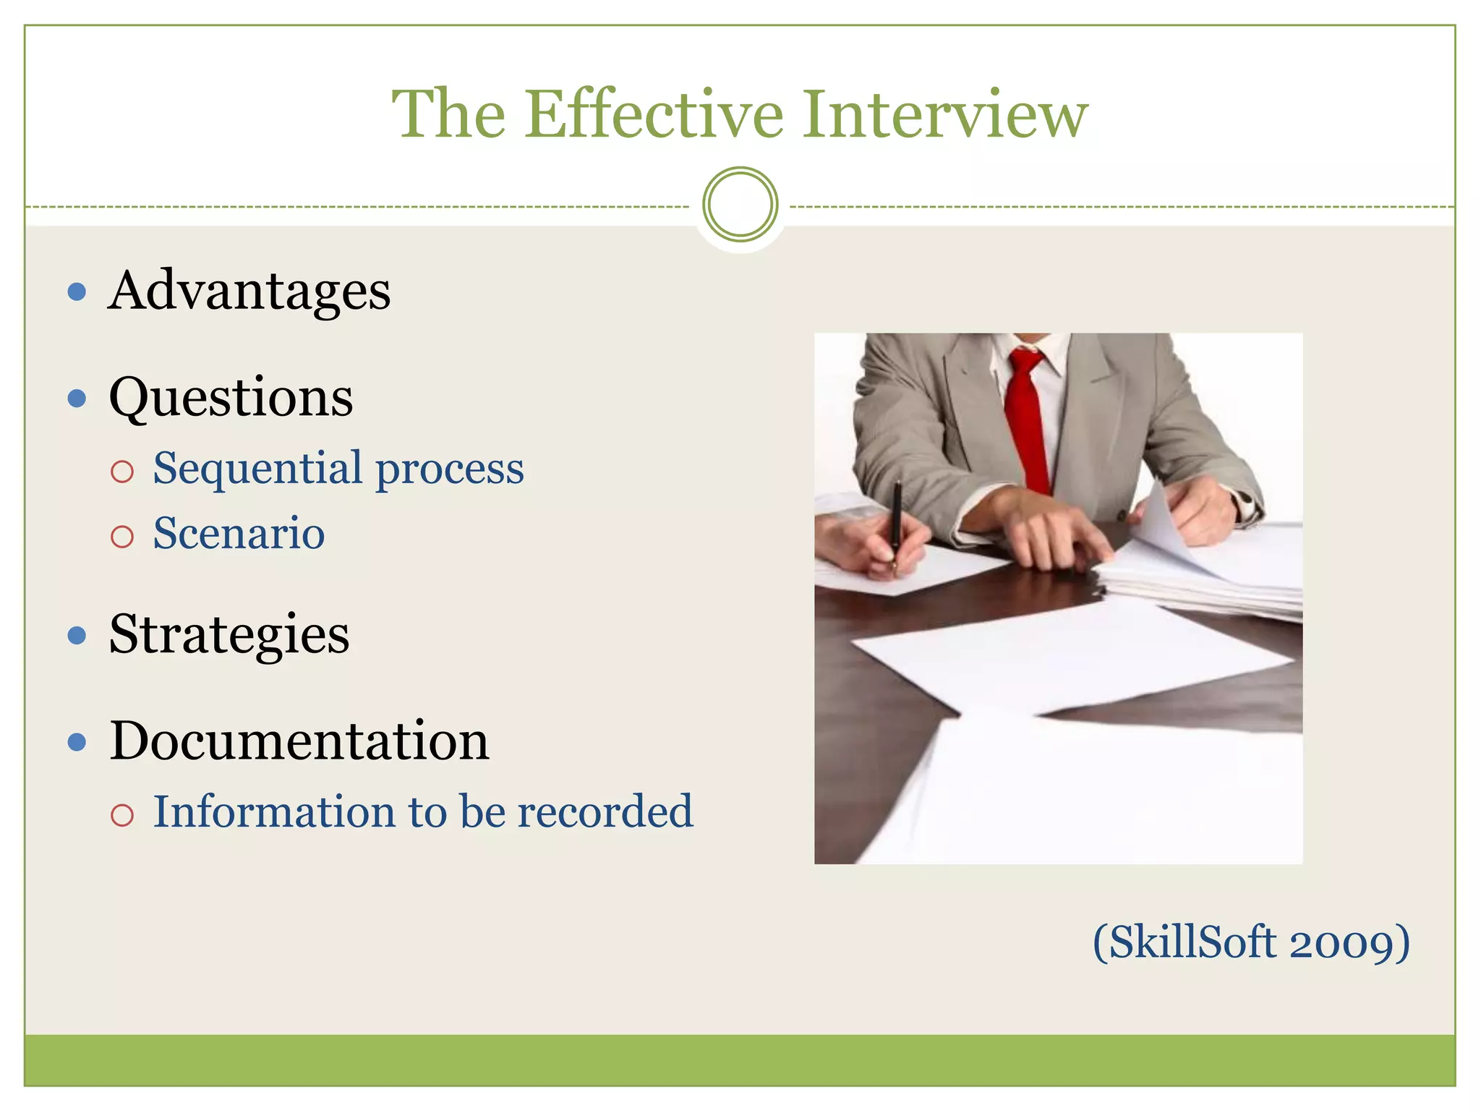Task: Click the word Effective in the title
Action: pyautogui.click(x=654, y=114)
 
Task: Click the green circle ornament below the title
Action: pyautogui.click(x=740, y=205)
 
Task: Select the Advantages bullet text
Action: pyautogui.click(x=249, y=291)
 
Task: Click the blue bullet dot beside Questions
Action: pyautogui.click(x=77, y=399)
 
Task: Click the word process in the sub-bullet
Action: pyautogui.click(x=450, y=469)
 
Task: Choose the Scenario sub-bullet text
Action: pyautogui.click(x=239, y=533)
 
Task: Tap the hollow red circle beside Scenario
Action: pyautogui.click(x=122, y=536)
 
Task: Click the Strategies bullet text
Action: pyautogui.click(x=229, y=634)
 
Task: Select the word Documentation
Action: pyautogui.click(x=299, y=741)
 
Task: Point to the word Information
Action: pyautogui.click(x=275, y=811)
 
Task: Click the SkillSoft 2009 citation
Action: pyautogui.click(x=1251, y=942)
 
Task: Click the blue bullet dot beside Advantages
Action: pyautogui.click(x=77, y=292)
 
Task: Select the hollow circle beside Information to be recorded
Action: pyautogui.click(x=122, y=815)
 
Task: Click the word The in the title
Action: pyautogui.click(x=448, y=114)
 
